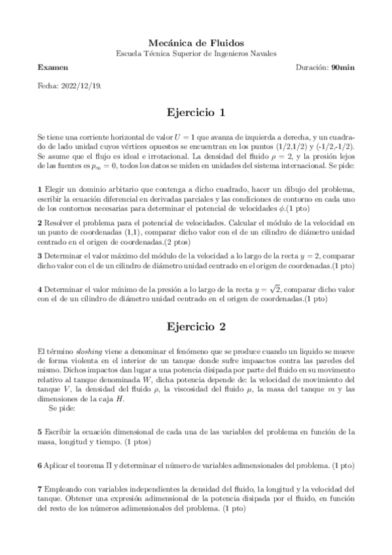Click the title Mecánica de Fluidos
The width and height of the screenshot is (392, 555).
point(196,41)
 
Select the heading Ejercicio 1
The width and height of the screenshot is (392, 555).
point(196,113)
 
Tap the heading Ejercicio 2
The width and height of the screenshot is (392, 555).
point(196,326)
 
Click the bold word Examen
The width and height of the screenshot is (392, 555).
point(52,67)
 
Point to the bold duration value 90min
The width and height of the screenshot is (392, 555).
point(343,67)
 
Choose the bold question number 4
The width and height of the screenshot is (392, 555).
point(40,290)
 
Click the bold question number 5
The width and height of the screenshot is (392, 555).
point(40,432)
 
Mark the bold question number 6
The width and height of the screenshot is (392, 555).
point(40,465)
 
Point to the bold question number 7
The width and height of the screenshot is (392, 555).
point(40,489)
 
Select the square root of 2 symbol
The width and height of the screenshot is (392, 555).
point(275,289)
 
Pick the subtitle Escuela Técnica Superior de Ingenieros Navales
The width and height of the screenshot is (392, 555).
point(196,53)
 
